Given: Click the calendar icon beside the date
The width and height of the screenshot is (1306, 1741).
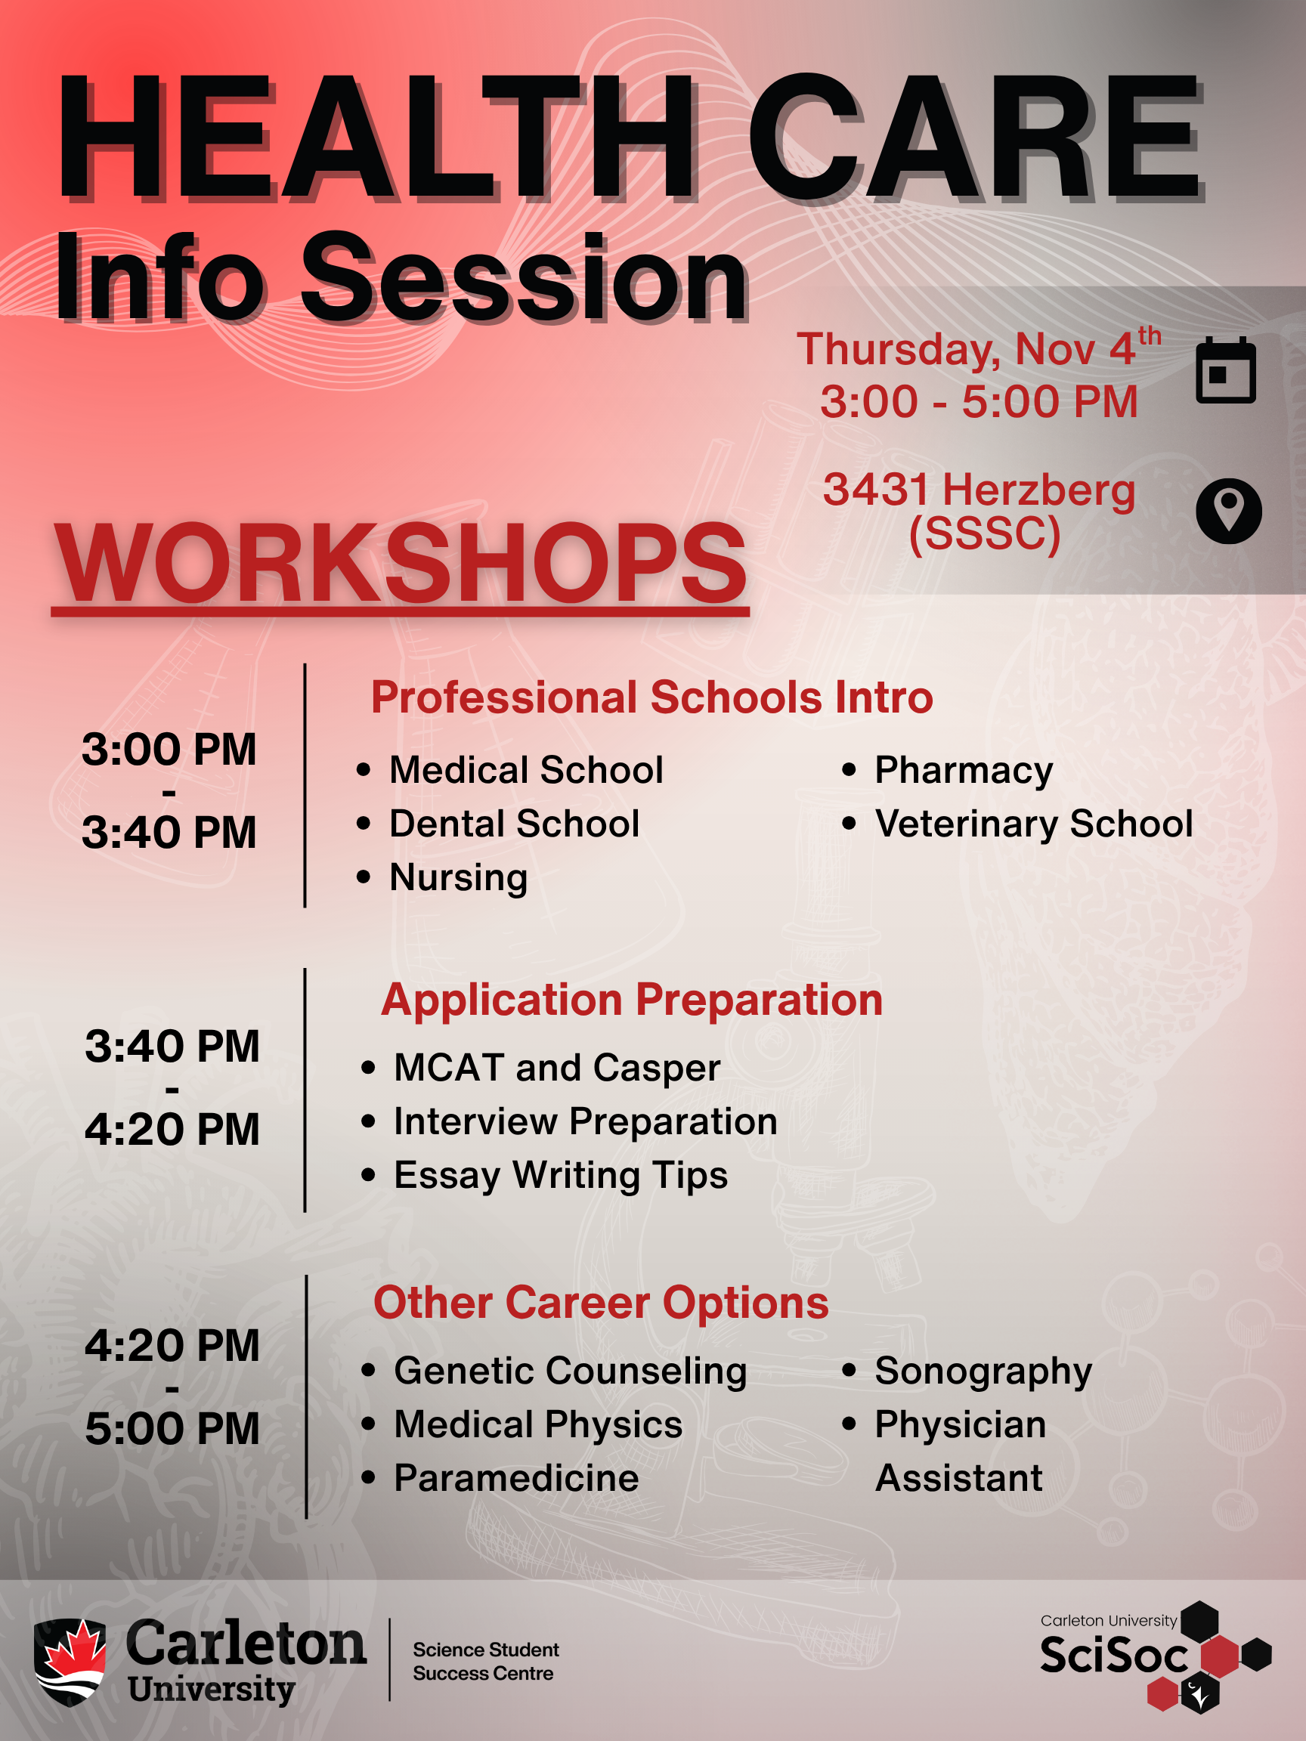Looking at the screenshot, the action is point(1226,370).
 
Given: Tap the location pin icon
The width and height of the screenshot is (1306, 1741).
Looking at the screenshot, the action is point(1228,511).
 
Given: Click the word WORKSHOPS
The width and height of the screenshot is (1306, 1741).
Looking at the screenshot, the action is point(400,563).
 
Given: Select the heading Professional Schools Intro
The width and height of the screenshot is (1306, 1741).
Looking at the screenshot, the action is point(651,697).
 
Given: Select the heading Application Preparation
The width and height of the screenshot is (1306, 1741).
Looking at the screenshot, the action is point(631,1000).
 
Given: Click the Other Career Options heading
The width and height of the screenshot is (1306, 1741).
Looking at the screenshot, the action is point(601,1303).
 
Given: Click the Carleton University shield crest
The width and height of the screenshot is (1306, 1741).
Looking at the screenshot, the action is point(70,1662).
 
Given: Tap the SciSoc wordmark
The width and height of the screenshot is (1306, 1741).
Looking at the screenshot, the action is point(1114,1655).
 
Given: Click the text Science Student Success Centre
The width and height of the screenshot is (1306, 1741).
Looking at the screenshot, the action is point(486,1662).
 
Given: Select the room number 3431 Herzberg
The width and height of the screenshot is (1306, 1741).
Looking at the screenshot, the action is point(980,490).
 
